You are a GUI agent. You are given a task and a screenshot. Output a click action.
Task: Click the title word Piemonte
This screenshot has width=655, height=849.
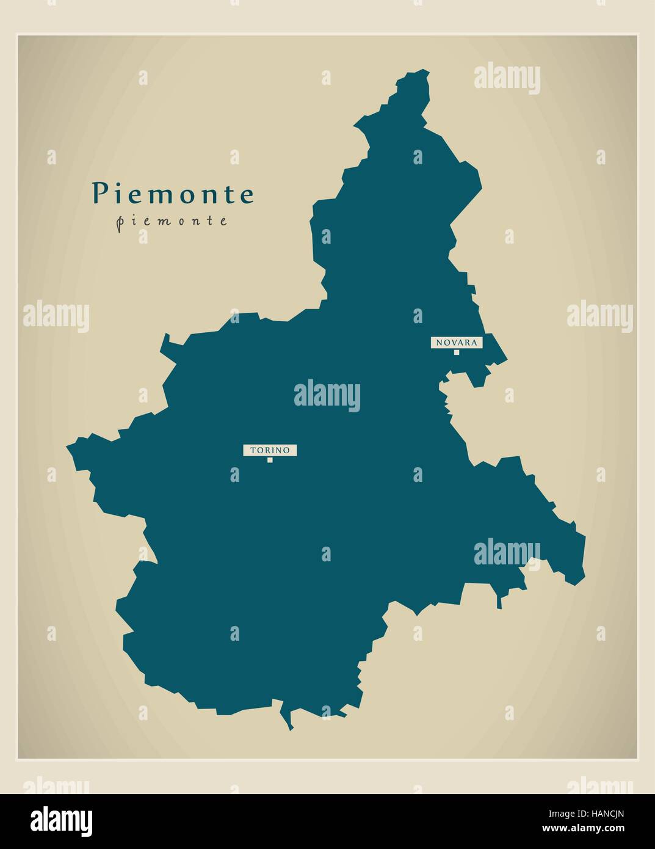[x=173, y=194]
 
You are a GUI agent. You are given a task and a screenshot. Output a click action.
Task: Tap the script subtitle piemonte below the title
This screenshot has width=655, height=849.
[x=172, y=221]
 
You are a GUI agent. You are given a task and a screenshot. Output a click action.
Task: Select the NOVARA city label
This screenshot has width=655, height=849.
[x=457, y=343]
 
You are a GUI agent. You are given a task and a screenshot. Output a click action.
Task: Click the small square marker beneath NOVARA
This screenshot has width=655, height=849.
[x=456, y=352]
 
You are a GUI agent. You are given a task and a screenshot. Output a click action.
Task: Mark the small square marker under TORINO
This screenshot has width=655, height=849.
[x=270, y=460]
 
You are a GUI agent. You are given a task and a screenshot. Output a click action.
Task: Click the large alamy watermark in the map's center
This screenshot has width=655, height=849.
[x=327, y=395]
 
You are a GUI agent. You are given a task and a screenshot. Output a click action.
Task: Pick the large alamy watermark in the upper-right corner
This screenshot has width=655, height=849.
[x=507, y=78]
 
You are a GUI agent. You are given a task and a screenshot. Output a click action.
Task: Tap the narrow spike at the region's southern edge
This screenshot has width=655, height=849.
[x=290, y=728]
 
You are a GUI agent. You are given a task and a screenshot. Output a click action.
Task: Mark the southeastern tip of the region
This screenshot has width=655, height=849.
[x=575, y=583]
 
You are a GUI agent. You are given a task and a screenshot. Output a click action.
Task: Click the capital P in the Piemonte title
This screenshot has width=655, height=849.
[x=98, y=194]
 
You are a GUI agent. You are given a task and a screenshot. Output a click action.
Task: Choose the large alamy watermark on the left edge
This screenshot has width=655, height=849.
[x=56, y=316]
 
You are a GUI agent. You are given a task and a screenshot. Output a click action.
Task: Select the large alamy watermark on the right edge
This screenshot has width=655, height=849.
[x=599, y=316]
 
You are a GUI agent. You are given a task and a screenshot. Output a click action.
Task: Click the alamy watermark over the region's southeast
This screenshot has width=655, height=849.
[x=507, y=553]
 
